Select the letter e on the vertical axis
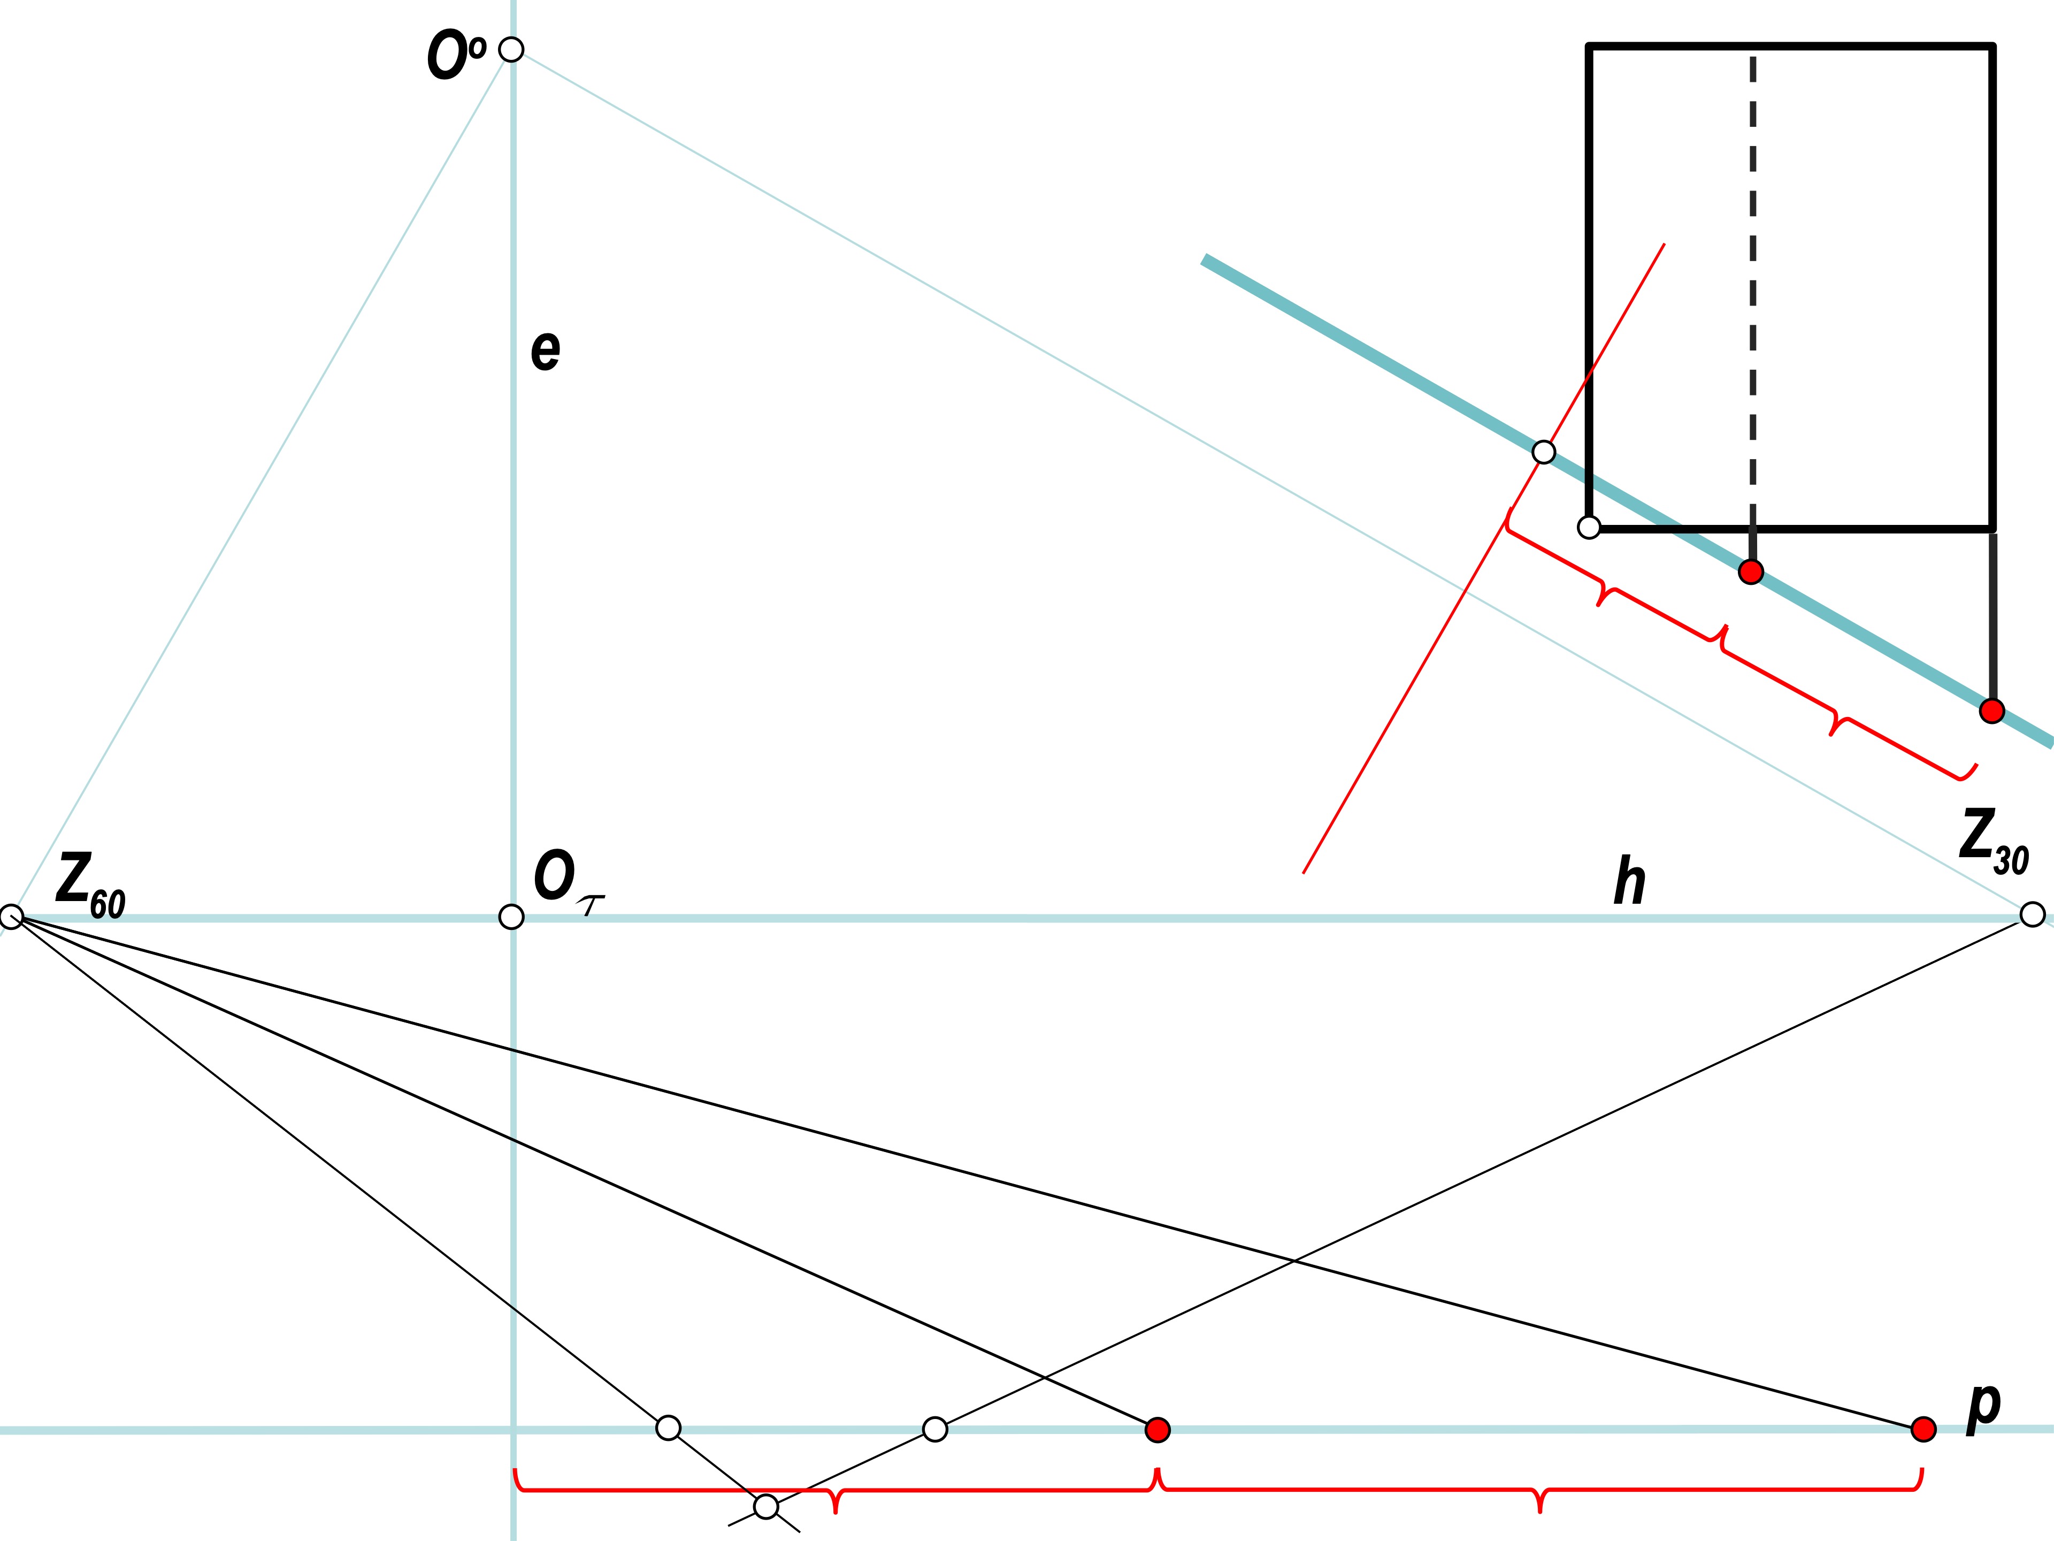545,350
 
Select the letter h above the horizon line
1630,881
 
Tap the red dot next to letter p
1923,1429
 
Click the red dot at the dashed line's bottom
1750,572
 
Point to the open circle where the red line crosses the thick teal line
1543,452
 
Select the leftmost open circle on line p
668,1428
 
